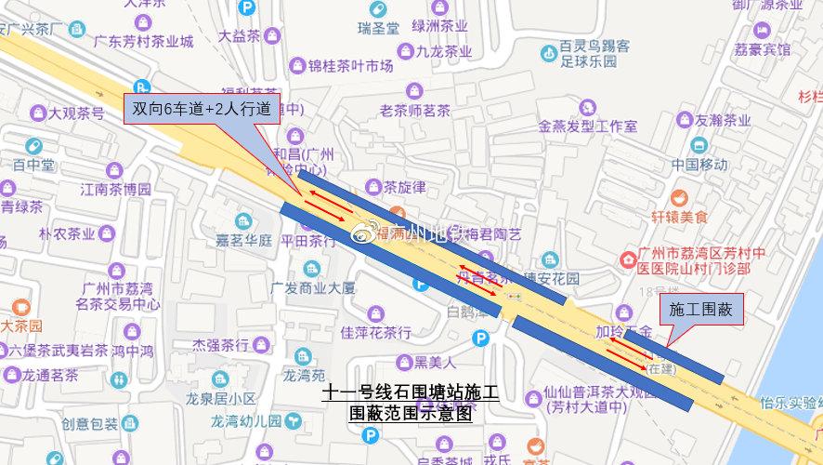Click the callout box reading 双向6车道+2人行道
201,109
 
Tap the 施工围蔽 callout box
700,312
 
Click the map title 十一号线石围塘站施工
411,393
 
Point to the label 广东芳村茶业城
144,41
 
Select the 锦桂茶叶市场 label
350,66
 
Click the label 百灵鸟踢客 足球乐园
594,54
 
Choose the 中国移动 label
700,165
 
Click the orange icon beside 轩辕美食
681,197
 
